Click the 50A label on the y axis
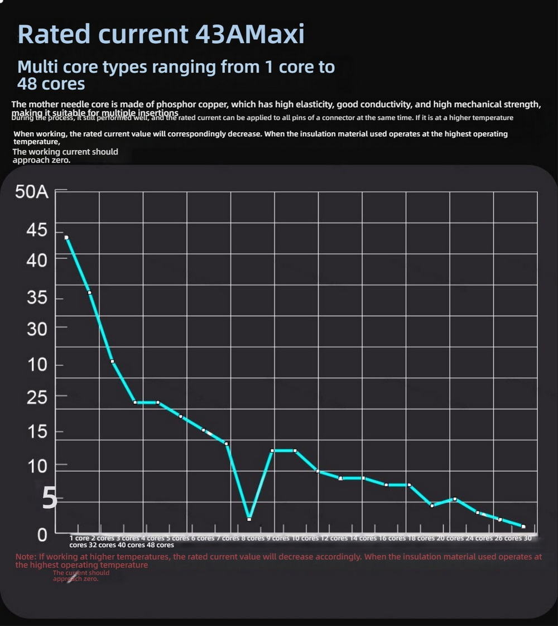(32, 192)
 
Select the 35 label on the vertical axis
(37, 298)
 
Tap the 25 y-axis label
(37, 397)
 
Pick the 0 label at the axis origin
(42, 535)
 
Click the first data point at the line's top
(66, 238)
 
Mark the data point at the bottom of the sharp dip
(249, 519)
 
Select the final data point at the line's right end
(523, 527)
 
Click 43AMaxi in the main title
(250, 34)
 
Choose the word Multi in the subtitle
(37, 67)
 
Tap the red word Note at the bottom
(26, 557)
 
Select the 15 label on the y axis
(37, 432)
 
